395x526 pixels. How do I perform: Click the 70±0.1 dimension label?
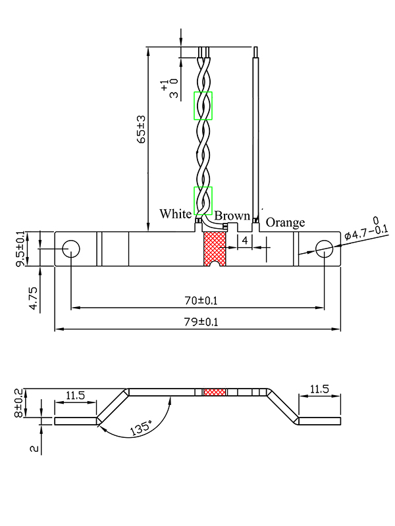(201, 300)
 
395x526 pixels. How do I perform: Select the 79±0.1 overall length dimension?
(201, 322)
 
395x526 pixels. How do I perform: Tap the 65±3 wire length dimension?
(142, 129)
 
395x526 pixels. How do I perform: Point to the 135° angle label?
(140, 427)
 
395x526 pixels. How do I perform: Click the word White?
(175, 214)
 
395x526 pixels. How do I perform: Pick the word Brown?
(232, 216)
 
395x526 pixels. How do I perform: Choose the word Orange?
(285, 222)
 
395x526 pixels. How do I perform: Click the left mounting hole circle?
(71, 249)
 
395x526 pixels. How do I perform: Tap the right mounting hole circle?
(324, 249)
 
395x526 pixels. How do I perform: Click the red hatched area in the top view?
(215, 249)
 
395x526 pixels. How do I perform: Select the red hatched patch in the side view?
(215, 392)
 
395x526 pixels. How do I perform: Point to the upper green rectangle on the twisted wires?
(203, 105)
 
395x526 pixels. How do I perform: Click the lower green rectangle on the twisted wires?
(203, 201)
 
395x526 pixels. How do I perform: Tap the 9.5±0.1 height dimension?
(20, 249)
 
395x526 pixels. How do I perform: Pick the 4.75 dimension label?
(34, 298)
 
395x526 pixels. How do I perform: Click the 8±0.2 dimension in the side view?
(18, 403)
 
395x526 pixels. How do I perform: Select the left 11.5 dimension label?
(75, 395)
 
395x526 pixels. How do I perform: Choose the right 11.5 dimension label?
(319, 389)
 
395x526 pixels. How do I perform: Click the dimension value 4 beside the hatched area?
(245, 241)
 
